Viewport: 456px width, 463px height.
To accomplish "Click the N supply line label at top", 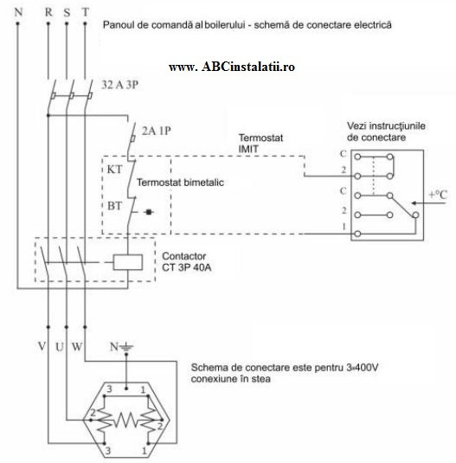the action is click(18, 12).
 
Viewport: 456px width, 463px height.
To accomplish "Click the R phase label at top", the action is click(48, 12).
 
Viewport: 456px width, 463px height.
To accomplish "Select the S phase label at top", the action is click(67, 12).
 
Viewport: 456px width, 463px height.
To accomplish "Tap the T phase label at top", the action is click(86, 12).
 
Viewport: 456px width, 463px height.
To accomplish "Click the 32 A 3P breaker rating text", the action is click(119, 85).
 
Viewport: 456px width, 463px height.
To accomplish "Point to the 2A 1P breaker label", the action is click(156, 131).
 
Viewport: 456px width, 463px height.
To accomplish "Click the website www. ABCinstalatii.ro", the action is click(232, 67).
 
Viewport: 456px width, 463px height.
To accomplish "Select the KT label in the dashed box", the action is click(114, 170).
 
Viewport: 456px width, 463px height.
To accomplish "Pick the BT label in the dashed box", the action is click(114, 206).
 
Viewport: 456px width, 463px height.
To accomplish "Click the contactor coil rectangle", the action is click(128, 262).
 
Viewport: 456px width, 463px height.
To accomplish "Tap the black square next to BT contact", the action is click(149, 212).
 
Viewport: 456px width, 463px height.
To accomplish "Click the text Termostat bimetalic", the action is click(180, 183).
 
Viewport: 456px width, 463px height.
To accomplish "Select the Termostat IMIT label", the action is click(260, 143).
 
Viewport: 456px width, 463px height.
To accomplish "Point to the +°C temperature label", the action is click(438, 195).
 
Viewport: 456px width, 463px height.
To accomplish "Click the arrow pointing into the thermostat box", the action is click(428, 203).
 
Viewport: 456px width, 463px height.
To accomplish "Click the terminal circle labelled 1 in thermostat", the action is click(357, 234).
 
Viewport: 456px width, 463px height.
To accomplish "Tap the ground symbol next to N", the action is click(126, 347).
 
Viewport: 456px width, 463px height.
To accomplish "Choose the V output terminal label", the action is click(42, 346).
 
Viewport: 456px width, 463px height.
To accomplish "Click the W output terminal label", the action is click(77, 346).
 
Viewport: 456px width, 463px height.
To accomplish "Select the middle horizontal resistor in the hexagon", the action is click(126, 420).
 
